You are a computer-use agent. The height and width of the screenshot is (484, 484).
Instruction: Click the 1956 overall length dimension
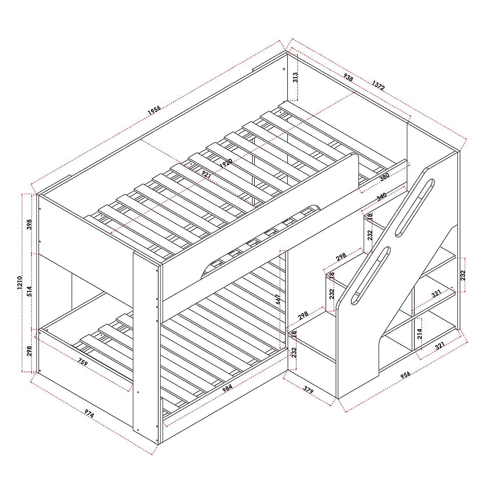pyautogui.click(x=154, y=110)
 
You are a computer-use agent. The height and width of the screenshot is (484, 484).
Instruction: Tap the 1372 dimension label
pyautogui.click(x=378, y=85)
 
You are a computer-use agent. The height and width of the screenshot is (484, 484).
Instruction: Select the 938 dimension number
pyautogui.click(x=348, y=78)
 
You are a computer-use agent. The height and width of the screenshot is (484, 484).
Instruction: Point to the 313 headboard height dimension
pyautogui.click(x=295, y=77)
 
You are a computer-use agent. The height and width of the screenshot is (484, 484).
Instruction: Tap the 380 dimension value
pyautogui.click(x=384, y=177)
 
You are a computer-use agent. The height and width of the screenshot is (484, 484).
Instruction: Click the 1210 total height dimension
pyautogui.click(x=20, y=283)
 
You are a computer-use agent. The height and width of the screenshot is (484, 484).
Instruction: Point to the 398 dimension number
pyautogui.click(x=30, y=224)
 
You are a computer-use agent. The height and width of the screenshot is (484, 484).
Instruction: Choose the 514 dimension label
pyautogui.click(x=30, y=291)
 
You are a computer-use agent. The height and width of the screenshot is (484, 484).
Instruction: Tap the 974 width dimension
pyautogui.click(x=89, y=413)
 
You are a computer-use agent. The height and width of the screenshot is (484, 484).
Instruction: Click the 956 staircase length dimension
pyautogui.click(x=405, y=374)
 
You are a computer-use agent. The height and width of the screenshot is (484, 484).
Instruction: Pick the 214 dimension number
pyautogui.click(x=420, y=334)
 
